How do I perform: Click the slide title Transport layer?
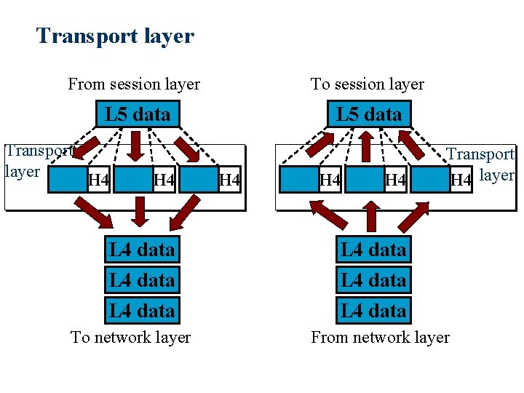click(115, 36)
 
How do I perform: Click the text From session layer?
click(134, 84)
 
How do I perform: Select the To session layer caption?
click(367, 84)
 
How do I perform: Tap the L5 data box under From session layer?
click(138, 114)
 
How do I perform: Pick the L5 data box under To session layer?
click(369, 114)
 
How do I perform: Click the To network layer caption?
click(130, 338)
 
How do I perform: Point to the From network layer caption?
click(380, 338)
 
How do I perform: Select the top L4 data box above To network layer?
click(142, 250)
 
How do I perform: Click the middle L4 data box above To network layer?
click(142, 280)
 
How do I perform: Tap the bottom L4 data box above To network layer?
click(142, 311)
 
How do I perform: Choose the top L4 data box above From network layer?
click(373, 250)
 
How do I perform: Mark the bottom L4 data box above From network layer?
click(373, 311)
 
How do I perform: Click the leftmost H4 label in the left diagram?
click(98, 180)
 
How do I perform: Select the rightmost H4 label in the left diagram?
click(229, 180)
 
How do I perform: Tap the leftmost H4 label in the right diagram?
click(330, 180)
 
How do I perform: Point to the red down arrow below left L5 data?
click(135, 146)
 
